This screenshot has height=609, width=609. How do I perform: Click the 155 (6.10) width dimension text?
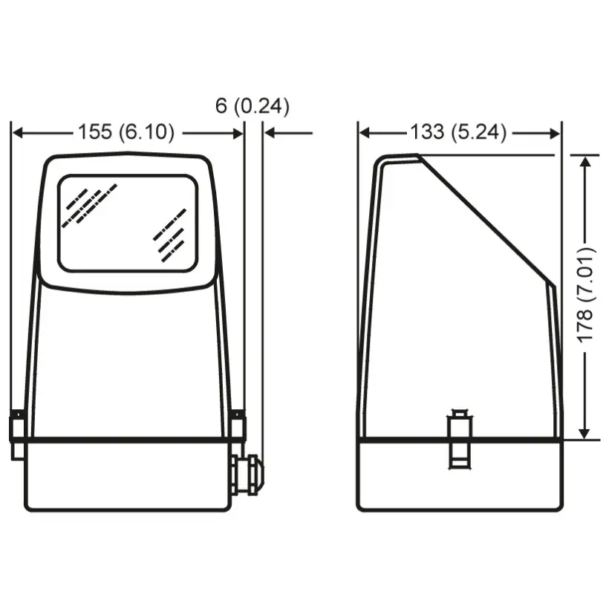126,131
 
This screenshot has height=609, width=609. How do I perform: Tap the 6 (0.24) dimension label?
253,105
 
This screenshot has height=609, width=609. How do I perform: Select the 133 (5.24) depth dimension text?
458,131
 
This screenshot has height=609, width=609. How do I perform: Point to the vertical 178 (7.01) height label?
585,295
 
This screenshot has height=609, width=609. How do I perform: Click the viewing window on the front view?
128,224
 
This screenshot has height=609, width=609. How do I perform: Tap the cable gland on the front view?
248,475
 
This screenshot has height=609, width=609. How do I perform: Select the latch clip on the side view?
460,439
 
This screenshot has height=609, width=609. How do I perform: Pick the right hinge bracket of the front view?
237,426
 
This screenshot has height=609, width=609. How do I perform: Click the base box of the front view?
128,475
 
